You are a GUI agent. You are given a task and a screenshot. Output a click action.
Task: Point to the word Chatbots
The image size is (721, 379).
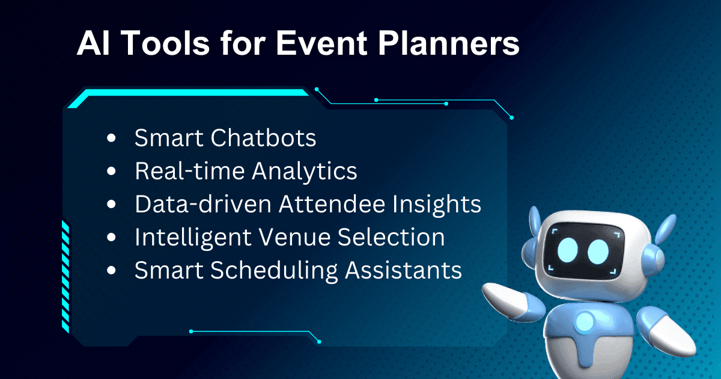(x=263, y=138)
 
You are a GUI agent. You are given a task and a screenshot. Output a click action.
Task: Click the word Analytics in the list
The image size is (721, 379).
(x=304, y=171)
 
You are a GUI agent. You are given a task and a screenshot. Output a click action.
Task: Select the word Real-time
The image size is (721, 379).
(x=189, y=171)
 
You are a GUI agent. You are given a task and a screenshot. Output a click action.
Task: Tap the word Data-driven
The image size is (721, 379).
(x=202, y=205)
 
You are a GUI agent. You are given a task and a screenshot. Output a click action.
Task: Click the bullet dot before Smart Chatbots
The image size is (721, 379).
(x=111, y=139)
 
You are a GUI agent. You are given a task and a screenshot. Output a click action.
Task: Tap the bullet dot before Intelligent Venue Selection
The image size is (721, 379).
(x=111, y=238)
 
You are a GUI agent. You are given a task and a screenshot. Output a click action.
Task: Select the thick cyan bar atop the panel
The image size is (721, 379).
(x=192, y=94)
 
